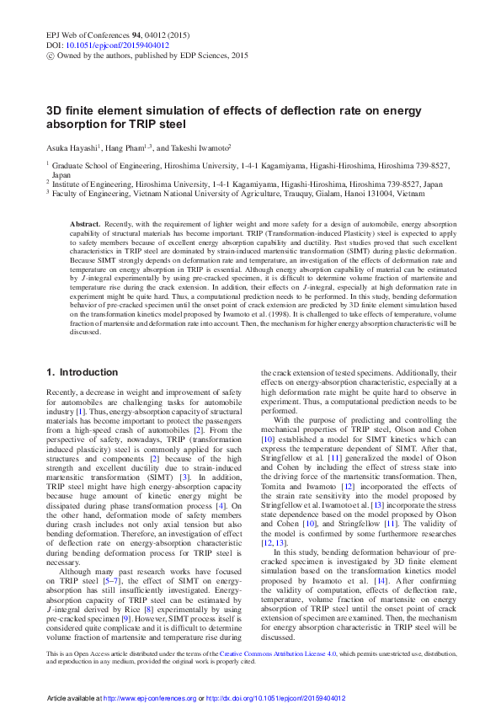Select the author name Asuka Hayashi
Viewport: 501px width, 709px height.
coord(70,147)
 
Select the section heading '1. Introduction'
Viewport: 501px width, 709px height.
coord(82,372)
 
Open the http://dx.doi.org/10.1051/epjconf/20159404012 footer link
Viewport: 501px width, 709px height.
coord(275,698)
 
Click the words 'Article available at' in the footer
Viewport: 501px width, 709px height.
coord(73,698)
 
